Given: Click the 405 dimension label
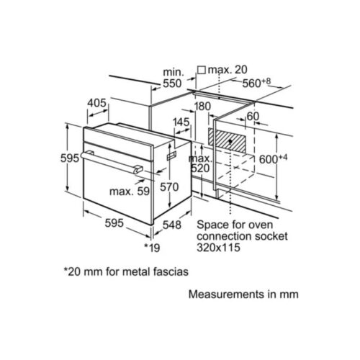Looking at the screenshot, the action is tap(96, 103).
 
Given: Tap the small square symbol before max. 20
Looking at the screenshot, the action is tap(202, 70).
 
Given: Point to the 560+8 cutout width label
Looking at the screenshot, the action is tap(256, 83).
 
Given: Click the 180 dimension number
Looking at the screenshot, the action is tap(202, 107).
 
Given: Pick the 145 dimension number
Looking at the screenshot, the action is tap(181, 122).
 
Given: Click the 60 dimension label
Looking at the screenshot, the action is tap(253, 117).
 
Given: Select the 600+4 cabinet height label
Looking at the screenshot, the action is tap(273, 159).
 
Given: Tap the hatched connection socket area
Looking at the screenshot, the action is tap(227, 140).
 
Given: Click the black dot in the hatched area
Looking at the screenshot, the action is tap(230, 141).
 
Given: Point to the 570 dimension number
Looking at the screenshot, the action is tap(169, 187).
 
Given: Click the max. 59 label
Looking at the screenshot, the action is tap(130, 192).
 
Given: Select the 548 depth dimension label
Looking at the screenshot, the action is tap(172, 225).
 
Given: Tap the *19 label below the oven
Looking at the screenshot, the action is tap(152, 248).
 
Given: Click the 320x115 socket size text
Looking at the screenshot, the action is tap(218, 248).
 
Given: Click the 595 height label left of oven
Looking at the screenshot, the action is tap(70, 158).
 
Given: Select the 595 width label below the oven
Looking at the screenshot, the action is tap(114, 223).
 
